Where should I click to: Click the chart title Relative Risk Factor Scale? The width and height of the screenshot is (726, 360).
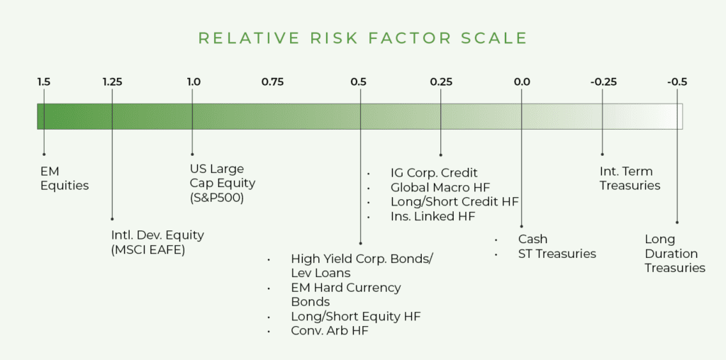point(362,38)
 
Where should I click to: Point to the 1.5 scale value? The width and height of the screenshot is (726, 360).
point(44,82)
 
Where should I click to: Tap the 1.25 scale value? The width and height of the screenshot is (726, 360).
point(112,82)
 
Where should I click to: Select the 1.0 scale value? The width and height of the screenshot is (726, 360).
point(194,82)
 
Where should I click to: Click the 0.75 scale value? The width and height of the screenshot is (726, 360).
point(272,82)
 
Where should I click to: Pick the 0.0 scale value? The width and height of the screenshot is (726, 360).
point(522,82)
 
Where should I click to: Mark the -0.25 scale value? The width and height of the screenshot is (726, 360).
point(603,82)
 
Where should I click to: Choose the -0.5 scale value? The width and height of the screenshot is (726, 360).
point(677,82)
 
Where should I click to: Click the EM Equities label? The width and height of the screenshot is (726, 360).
point(65,179)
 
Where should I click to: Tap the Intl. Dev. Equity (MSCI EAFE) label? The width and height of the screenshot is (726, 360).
point(157,242)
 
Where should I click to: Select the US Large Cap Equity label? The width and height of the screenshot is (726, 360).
point(222,184)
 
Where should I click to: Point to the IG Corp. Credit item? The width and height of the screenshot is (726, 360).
point(434,172)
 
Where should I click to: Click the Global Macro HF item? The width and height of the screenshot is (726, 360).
point(440,187)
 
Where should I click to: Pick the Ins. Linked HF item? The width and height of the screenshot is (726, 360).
point(432,216)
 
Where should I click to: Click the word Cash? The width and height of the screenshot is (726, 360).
point(532,240)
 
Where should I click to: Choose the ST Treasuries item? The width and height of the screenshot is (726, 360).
point(557,254)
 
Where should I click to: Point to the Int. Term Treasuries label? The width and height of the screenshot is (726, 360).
point(630,179)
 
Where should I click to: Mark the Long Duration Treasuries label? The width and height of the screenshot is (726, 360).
point(675,254)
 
